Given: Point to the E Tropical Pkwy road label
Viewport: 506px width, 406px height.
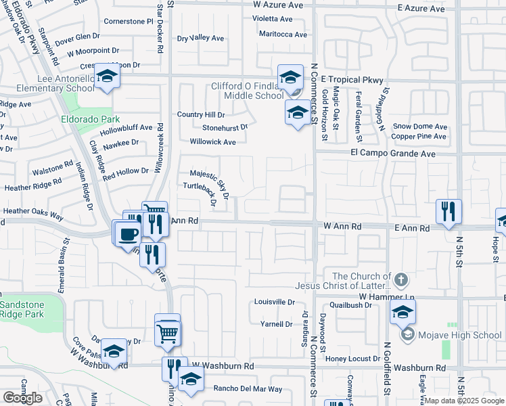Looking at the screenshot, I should (352, 79).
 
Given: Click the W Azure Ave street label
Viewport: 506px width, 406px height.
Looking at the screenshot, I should (278, 5).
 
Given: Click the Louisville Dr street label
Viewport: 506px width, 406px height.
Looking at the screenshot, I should (275, 302).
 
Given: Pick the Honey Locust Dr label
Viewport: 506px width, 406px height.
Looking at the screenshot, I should (357, 358).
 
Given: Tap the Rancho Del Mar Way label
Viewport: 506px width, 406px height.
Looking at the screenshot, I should (248, 388).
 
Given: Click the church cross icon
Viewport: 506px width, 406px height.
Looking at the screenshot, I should (400, 278).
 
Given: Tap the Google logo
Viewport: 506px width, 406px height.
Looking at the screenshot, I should (22, 397).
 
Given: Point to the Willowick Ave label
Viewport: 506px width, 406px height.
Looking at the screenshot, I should (212, 142).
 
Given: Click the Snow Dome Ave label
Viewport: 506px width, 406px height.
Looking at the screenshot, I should (420, 127).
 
